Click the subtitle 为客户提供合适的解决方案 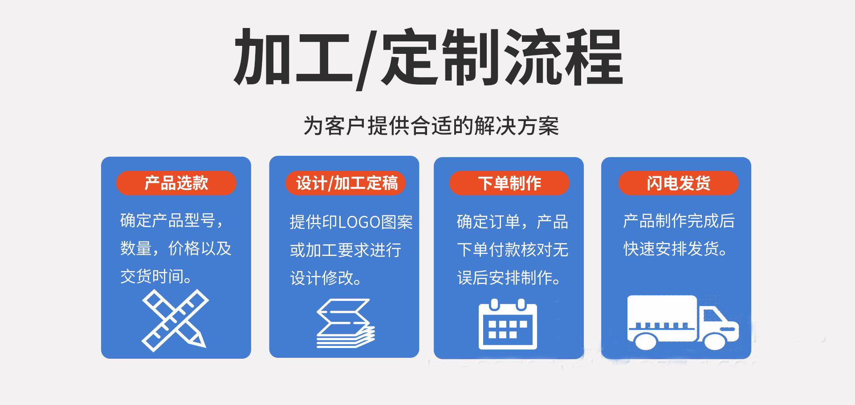[x=431, y=126]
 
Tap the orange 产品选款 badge [x=176, y=183]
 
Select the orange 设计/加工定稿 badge [x=346, y=183]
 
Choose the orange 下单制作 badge [x=509, y=183]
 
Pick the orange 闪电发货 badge [x=678, y=183]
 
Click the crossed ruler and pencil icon [x=175, y=320]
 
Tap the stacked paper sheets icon [x=346, y=323]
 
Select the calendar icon [x=508, y=325]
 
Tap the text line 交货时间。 [x=156, y=277]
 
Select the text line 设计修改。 [x=326, y=279]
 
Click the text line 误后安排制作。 [x=509, y=278]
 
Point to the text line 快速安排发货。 [x=675, y=249]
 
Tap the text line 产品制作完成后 [x=679, y=221]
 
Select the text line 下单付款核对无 [x=513, y=250]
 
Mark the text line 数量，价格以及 [x=176, y=248]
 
